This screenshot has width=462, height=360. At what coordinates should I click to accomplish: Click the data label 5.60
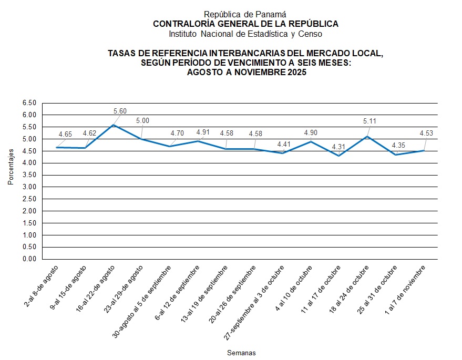coord(120,111)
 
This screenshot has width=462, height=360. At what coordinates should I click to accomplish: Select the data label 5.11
coord(370,121)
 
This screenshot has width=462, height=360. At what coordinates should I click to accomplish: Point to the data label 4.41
coord(283,143)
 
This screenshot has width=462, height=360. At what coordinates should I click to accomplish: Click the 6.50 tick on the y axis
coord(29,103)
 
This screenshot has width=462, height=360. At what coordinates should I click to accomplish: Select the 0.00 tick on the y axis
coord(29,259)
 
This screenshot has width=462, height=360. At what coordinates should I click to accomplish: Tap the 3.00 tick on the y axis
coord(29,187)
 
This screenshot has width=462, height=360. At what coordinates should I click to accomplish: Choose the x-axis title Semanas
coord(241,352)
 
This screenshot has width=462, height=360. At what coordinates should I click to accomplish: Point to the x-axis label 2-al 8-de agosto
coord(42,287)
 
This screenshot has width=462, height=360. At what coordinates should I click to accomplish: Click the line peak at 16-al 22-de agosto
coord(114,125)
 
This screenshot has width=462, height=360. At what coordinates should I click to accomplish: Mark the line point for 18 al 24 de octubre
coord(367,137)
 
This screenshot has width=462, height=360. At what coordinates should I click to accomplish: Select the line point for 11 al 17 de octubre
coord(340,156)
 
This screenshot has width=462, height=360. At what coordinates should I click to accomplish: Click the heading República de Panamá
coord(245,15)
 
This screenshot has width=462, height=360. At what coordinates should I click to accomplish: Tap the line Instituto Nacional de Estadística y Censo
coord(245,34)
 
